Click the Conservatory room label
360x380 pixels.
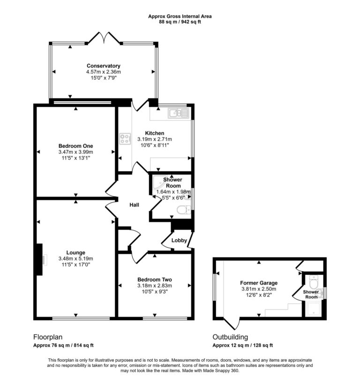point(103,66)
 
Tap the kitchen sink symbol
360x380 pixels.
point(178,113)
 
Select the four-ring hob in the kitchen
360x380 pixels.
point(125,138)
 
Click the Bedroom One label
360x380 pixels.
point(76,145)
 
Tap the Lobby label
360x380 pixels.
point(179,240)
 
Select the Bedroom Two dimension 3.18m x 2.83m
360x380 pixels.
point(155,285)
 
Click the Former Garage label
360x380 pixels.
point(259,283)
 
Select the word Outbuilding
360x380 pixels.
point(231,337)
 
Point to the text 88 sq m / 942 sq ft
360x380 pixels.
point(180,22)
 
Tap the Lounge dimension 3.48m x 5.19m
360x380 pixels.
point(76,258)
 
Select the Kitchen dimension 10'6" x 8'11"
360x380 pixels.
point(154,145)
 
